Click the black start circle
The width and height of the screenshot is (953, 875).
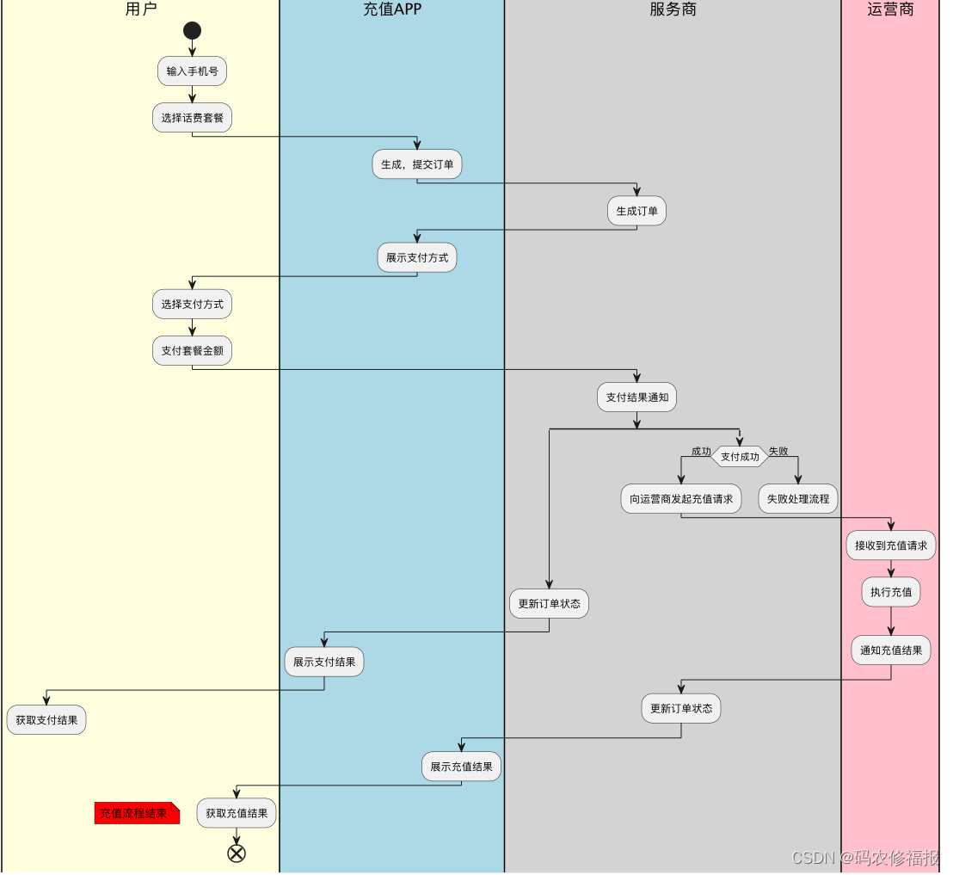(x=192, y=31)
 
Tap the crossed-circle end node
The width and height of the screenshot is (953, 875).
(x=237, y=853)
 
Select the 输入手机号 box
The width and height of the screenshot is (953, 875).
(x=192, y=71)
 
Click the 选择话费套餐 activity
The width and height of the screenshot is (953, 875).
(x=192, y=118)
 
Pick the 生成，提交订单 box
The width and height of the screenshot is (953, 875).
(x=417, y=164)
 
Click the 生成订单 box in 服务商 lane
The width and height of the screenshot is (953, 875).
(x=636, y=211)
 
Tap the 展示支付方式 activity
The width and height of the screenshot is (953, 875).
(x=417, y=257)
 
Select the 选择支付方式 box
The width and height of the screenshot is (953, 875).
(x=192, y=304)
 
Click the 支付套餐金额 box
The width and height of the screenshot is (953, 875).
(x=192, y=350)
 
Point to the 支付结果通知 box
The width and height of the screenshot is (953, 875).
(x=636, y=397)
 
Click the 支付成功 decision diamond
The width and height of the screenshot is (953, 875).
(x=740, y=457)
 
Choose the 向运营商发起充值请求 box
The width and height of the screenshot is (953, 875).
(x=681, y=499)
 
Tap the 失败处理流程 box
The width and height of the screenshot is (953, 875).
(x=798, y=499)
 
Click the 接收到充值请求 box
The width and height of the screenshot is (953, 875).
(x=890, y=545)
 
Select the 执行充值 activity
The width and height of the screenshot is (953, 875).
(x=890, y=592)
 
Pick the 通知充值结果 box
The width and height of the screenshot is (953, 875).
(x=890, y=650)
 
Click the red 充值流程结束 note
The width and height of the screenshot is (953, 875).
(x=136, y=813)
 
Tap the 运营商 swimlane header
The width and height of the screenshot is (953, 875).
(x=890, y=10)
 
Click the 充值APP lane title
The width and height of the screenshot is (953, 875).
(x=392, y=10)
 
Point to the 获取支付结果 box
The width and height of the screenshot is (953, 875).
(x=46, y=720)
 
